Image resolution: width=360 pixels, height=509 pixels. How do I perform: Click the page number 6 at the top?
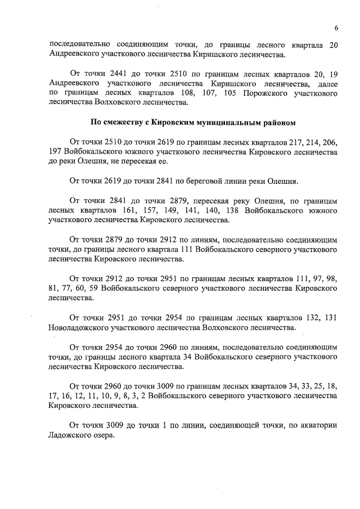coord(336,28)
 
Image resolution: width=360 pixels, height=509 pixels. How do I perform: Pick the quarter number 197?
coord(57,152)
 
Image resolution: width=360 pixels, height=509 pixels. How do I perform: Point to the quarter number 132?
coord(306,318)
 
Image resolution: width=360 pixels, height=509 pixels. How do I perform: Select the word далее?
coord(323,83)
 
